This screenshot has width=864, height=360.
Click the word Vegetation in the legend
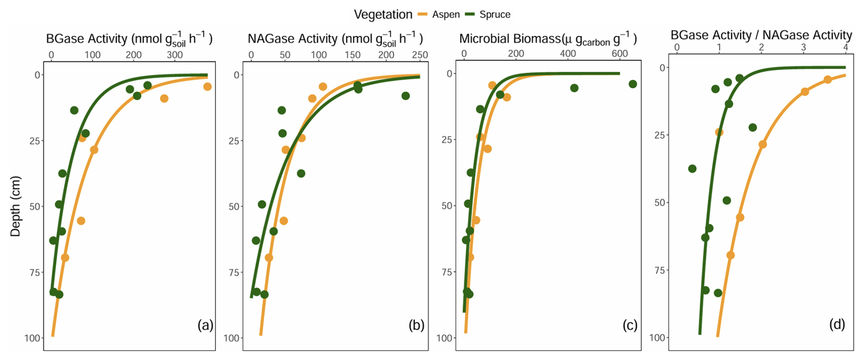tap(383, 15)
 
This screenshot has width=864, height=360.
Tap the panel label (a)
tap(205, 325)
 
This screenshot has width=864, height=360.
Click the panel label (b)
tap(416, 325)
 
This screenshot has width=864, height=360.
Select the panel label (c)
tap(630, 325)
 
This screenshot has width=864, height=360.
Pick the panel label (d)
tap(837, 324)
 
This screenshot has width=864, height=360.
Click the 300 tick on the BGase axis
tap(174, 55)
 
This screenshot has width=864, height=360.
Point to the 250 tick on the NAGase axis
tap(420, 55)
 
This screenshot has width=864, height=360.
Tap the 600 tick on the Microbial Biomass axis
tap(620, 53)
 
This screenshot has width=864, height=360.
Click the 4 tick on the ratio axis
tap(845, 48)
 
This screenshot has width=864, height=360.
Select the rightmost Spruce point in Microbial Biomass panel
tap(632, 84)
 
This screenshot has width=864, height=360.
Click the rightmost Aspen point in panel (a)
tap(207, 87)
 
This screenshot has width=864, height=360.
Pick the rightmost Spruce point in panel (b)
tap(406, 96)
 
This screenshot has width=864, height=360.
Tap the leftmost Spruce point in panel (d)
tap(692, 169)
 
